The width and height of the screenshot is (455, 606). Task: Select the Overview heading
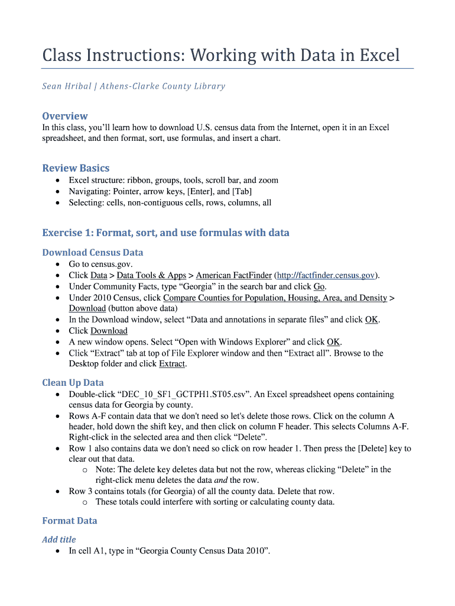point(65,116)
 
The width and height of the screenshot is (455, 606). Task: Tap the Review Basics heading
point(76,168)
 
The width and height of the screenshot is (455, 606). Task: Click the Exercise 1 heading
point(165,233)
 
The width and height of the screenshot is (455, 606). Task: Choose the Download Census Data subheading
point(93,253)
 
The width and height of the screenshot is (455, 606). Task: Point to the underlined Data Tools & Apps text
point(151,275)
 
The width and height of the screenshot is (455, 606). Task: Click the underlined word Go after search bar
point(319,286)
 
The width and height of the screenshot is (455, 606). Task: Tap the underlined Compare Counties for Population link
point(275,298)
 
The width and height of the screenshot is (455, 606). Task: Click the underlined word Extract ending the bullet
point(172,364)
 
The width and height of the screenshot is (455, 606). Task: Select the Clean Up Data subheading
point(73,383)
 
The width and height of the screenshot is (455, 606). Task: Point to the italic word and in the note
point(220,480)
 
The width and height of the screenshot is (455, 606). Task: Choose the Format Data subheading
point(70,521)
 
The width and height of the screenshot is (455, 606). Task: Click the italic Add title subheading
point(59,540)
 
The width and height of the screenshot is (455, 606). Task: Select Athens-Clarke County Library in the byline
point(162,86)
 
